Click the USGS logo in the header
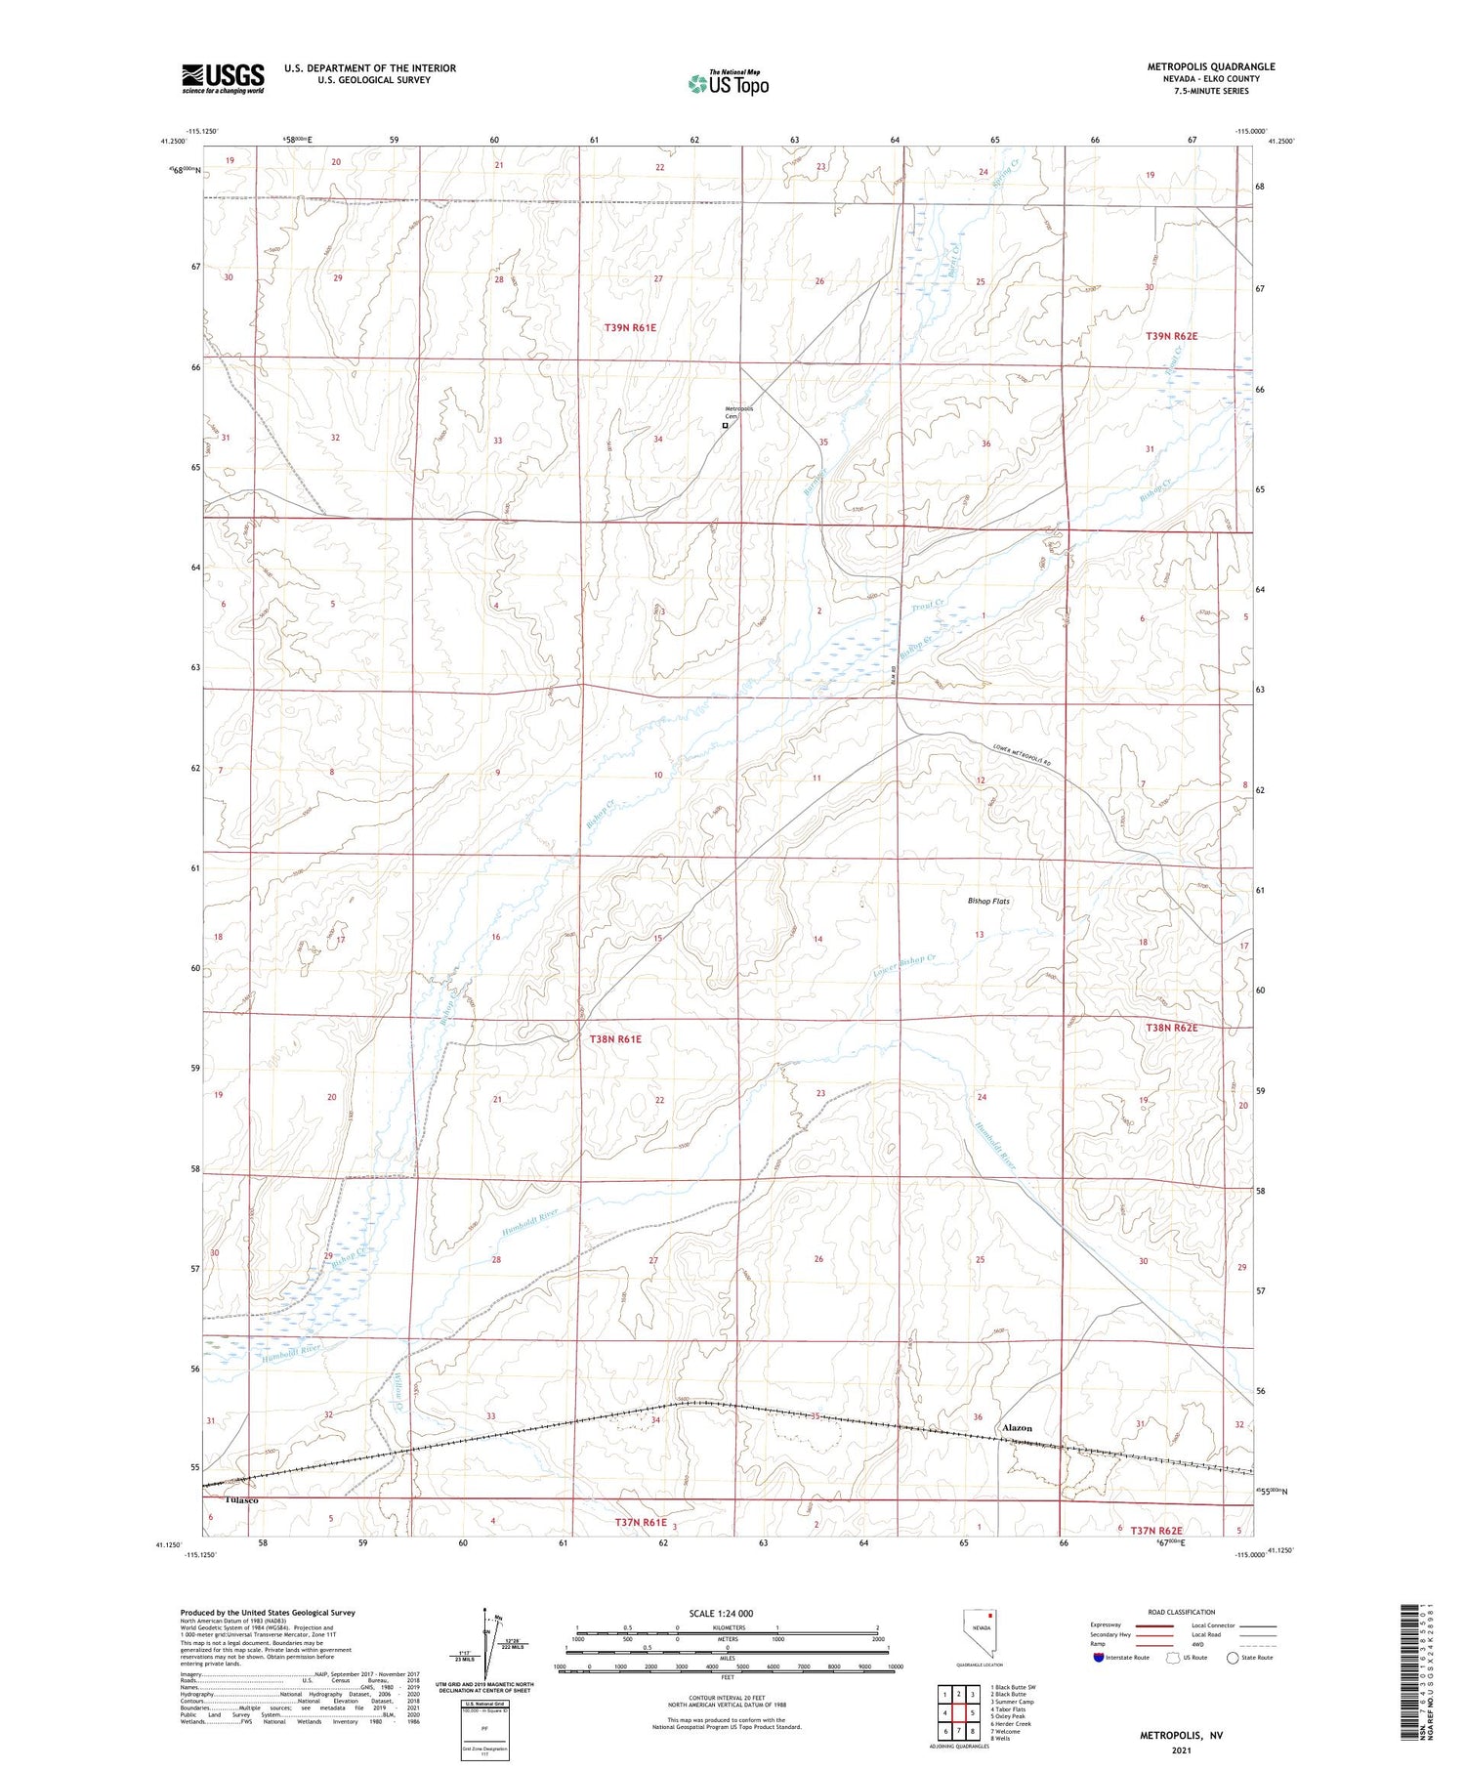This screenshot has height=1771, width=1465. tap(223, 78)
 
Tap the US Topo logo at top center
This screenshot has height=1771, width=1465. tap(728, 84)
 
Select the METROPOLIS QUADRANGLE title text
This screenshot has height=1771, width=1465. tap(1211, 66)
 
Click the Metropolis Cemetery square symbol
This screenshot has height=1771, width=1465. tap(725, 426)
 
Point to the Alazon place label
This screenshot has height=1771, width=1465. tap(1017, 1428)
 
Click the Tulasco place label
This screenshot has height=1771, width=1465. tap(241, 1499)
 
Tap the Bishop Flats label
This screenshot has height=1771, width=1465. tap(988, 901)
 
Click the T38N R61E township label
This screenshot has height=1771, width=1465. tap(615, 1039)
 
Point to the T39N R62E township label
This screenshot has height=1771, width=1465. tap(1171, 336)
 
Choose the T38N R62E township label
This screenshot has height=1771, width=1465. tap(1171, 1028)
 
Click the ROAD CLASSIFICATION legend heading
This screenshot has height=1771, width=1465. tap(1182, 1612)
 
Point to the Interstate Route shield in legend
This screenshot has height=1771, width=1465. tap(1101, 1658)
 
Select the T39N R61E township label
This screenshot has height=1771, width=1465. tap(630, 328)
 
